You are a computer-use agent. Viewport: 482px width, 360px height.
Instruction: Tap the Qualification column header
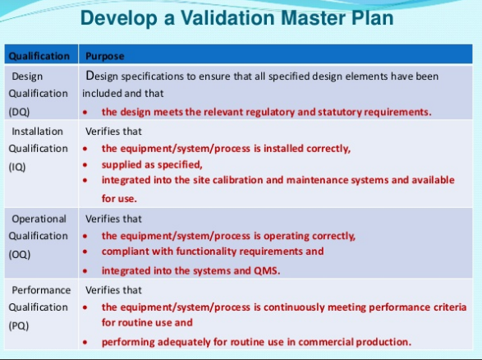click(39, 56)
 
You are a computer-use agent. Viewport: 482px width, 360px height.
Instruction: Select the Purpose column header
click(105, 57)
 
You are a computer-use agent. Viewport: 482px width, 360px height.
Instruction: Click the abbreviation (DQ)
click(19, 112)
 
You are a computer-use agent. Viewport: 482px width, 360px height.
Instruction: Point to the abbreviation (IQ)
click(17, 167)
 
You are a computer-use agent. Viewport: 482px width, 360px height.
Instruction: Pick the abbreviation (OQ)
click(20, 255)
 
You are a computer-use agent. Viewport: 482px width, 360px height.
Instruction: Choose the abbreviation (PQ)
click(19, 325)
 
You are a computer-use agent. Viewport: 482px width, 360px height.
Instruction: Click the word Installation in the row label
click(37, 132)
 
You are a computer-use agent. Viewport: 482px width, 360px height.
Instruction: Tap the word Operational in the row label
click(39, 219)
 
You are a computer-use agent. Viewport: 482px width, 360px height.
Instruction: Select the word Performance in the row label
click(41, 290)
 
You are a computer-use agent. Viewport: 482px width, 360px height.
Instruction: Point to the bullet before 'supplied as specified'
click(85, 165)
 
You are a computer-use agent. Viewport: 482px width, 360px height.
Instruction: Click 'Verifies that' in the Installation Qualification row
click(113, 132)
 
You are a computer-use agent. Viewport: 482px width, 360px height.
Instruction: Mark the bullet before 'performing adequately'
click(85, 342)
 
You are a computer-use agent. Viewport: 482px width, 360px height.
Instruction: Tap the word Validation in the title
click(227, 17)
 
